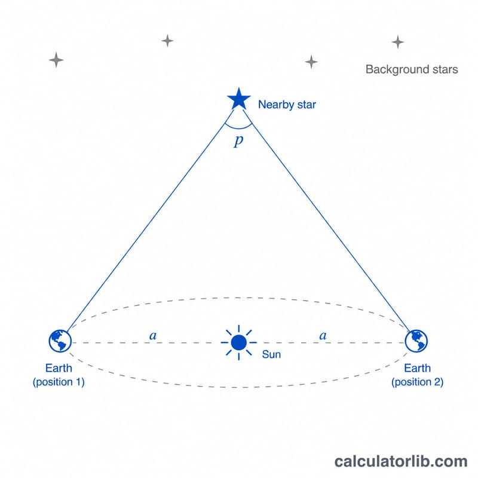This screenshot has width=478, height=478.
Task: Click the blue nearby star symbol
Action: pyautogui.click(x=238, y=99)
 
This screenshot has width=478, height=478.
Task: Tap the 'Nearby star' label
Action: pyautogui.click(x=287, y=105)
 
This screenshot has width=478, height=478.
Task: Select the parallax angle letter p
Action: pyautogui.click(x=238, y=141)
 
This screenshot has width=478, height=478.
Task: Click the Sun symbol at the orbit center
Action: pyautogui.click(x=238, y=342)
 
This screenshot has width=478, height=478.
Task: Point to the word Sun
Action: pyautogui.click(x=271, y=354)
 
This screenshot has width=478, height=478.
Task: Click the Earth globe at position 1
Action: pyautogui.click(x=60, y=341)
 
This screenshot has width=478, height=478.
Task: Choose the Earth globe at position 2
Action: pyautogui.click(x=416, y=341)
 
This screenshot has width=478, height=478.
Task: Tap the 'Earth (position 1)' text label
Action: pyautogui.click(x=59, y=375)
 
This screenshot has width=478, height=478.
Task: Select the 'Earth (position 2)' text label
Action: pyautogui.click(x=417, y=375)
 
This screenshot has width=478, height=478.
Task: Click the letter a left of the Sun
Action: pyautogui.click(x=153, y=336)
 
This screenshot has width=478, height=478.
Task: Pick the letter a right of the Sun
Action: pyautogui.click(x=323, y=336)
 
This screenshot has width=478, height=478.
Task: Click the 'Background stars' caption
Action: pyautogui.click(x=412, y=69)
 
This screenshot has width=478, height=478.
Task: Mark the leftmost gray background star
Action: pyautogui.click(x=56, y=60)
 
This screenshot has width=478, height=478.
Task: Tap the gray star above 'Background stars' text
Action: pyautogui.click(x=398, y=42)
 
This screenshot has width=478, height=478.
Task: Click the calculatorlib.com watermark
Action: pyautogui.click(x=400, y=461)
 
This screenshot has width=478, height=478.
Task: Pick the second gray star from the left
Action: pyautogui.click(x=167, y=41)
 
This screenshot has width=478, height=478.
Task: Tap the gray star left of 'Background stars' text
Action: pyautogui.click(x=311, y=62)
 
